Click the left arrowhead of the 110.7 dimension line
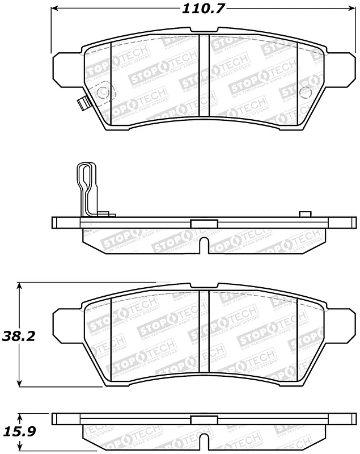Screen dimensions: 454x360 [55, 9]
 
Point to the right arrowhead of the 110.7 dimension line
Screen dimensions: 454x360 [351, 9]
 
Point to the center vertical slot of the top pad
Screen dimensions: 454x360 [204, 74]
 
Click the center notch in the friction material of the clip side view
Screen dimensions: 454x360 [204, 246]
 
